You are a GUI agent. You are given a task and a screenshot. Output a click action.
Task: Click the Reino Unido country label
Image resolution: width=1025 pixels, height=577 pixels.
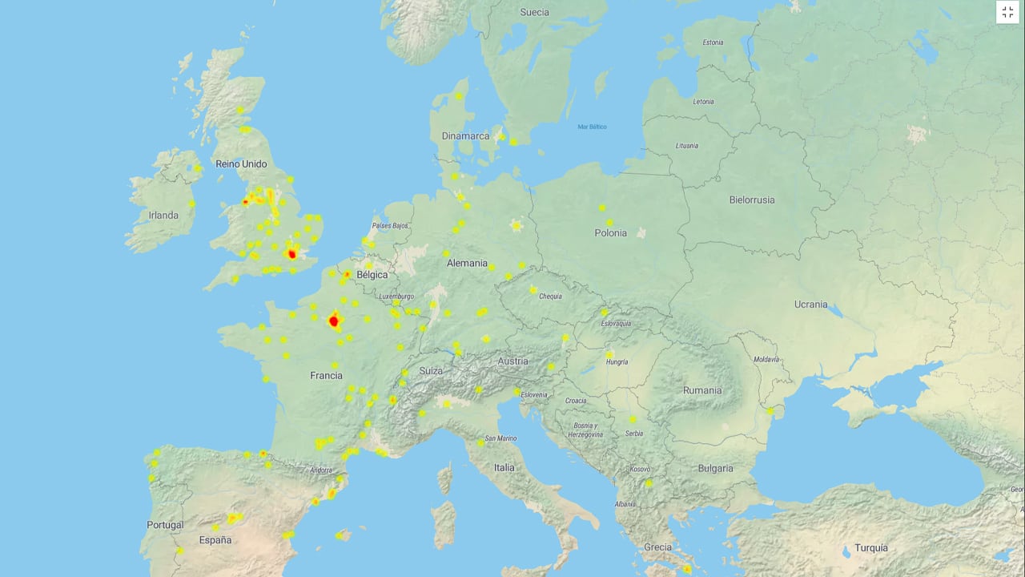pos(241,163)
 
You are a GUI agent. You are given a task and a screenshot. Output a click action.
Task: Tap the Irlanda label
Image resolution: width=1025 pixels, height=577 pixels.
pos(163,215)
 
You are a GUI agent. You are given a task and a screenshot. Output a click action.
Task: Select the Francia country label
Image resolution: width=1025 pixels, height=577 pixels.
pos(326,375)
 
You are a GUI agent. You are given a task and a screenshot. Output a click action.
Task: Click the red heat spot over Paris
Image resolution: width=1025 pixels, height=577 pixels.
pos(335,321)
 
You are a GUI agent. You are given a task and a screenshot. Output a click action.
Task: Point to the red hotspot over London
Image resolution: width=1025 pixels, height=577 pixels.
pos(291,254)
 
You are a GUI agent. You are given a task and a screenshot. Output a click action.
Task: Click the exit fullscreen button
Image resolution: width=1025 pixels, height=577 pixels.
pos(1007,12)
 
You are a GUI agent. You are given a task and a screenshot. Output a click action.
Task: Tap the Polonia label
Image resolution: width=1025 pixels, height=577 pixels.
pos(611,232)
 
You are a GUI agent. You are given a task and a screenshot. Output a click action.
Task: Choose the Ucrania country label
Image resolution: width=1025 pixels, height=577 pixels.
pos(811,305)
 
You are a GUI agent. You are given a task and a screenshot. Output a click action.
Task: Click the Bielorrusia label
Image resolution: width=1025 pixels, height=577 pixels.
pos(752,200)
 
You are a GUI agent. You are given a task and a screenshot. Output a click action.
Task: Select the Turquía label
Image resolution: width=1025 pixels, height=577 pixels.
pos(870,548)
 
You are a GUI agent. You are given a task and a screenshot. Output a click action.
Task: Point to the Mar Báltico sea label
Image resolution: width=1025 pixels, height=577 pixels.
pos(592,127)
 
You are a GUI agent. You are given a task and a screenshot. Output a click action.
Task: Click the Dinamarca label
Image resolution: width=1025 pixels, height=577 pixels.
pos(465,136)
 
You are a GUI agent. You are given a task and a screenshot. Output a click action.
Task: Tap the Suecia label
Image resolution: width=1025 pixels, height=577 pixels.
pos(534,12)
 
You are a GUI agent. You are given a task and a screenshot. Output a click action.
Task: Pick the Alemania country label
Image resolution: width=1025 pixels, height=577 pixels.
pos(467,263)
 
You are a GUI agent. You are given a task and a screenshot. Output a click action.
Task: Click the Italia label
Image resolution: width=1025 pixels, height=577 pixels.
pos(504,467)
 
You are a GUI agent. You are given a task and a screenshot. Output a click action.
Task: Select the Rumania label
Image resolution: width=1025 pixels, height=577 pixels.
pos(702,390)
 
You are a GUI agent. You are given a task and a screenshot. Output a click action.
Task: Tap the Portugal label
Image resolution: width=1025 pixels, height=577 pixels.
pos(165,525)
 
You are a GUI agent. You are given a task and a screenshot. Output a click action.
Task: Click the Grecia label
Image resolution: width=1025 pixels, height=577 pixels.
pos(657,547)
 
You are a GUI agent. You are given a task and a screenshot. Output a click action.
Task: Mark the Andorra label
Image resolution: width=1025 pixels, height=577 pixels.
pos(320,470)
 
